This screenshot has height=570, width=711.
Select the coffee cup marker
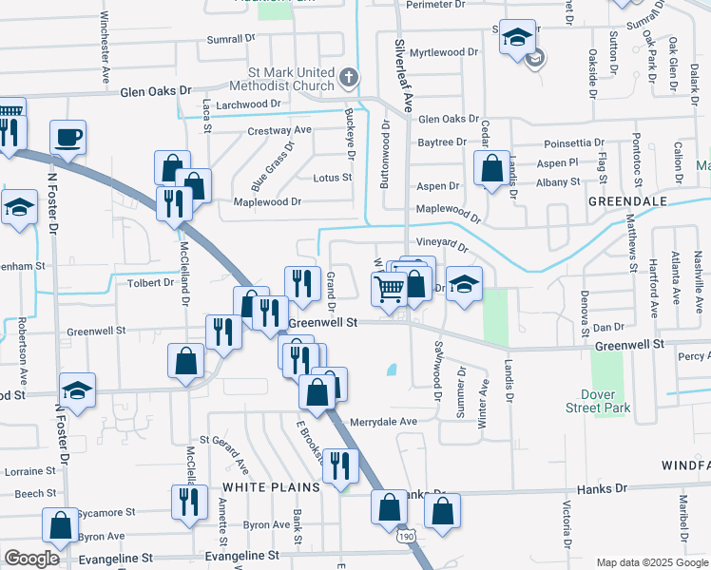[x=67, y=137]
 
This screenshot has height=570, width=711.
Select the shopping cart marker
[x=388, y=288]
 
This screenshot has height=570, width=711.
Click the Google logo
[x=31, y=559]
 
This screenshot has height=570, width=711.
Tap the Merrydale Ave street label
[x=384, y=421]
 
